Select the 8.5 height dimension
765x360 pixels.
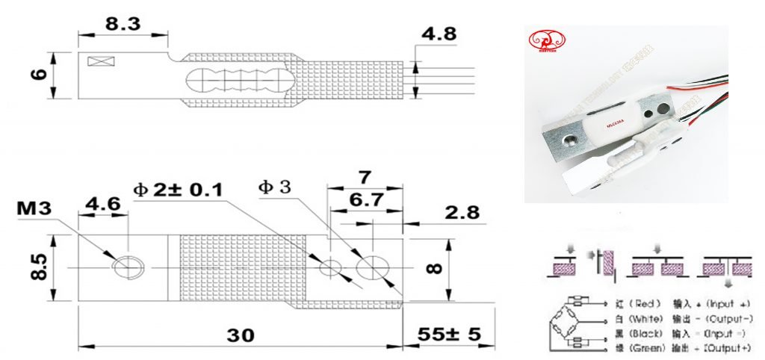coord(41,267)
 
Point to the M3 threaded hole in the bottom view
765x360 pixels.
coord(126,267)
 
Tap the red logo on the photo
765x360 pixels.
coord(546,42)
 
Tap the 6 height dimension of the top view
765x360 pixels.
coord(39,74)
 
